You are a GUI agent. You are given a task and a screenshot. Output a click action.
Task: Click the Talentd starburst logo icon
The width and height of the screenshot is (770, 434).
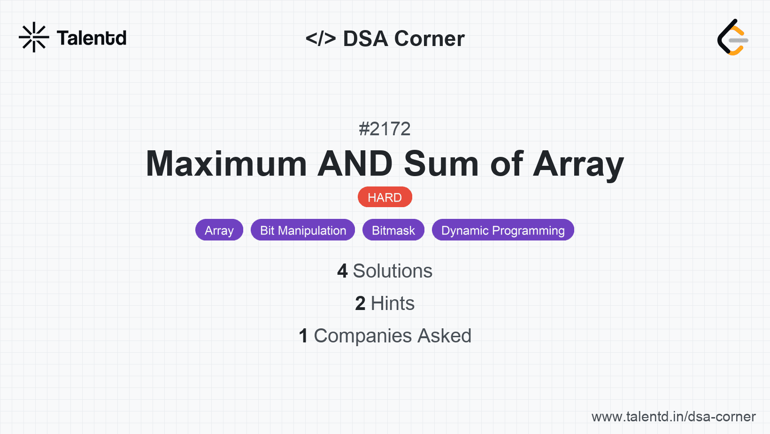pos(34,37)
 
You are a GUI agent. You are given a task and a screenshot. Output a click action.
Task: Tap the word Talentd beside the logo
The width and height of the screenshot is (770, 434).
pos(92,38)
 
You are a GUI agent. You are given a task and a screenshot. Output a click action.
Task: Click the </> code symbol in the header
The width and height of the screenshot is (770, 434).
pos(320,38)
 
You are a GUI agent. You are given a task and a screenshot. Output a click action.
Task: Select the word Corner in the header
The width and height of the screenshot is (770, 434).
pos(429,39)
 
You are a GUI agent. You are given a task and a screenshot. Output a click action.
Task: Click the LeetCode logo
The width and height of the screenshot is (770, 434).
pos(732,37)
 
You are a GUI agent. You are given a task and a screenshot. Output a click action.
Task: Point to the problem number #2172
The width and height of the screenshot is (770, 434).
pos(385,129)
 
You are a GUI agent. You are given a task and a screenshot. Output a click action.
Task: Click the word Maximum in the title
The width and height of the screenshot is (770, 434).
pos(226,164)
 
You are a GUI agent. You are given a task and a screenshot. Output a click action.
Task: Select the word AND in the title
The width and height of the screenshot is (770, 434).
pos(355,164)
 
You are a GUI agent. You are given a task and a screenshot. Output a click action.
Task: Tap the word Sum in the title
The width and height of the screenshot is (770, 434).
pos(441,164)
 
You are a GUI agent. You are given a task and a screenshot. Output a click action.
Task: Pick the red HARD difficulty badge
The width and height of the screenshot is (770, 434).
pos(385,197)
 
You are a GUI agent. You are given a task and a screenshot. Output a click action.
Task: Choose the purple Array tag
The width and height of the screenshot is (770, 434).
pos(219,230)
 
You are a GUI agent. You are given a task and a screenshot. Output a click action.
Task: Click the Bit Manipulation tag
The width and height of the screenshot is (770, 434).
pos(303,230)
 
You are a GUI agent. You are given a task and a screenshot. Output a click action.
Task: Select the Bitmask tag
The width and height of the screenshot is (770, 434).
pos(393,230)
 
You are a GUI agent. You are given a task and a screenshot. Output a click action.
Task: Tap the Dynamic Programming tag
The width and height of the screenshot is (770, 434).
pos(503,230)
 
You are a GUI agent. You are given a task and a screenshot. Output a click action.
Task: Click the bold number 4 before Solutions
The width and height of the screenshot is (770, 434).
pos(342,271)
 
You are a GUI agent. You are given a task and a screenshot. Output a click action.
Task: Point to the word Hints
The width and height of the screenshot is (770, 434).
pos(393,303)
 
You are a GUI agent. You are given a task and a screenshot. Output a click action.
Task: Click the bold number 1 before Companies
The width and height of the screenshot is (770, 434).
pos(303,336)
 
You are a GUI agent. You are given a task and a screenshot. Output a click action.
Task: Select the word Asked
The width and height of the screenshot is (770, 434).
pos(444,336)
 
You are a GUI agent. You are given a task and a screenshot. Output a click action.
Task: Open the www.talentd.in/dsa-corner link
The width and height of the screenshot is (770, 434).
pos(673,417)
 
